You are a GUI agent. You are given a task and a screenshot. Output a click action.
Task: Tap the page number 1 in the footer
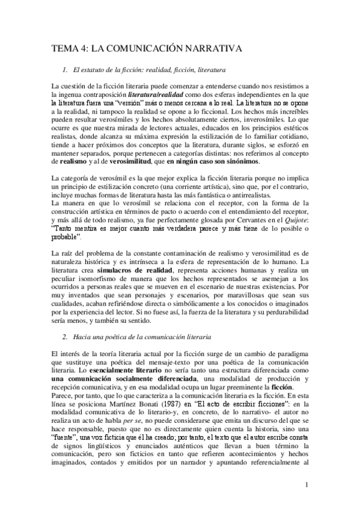[x=307, y=484]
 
